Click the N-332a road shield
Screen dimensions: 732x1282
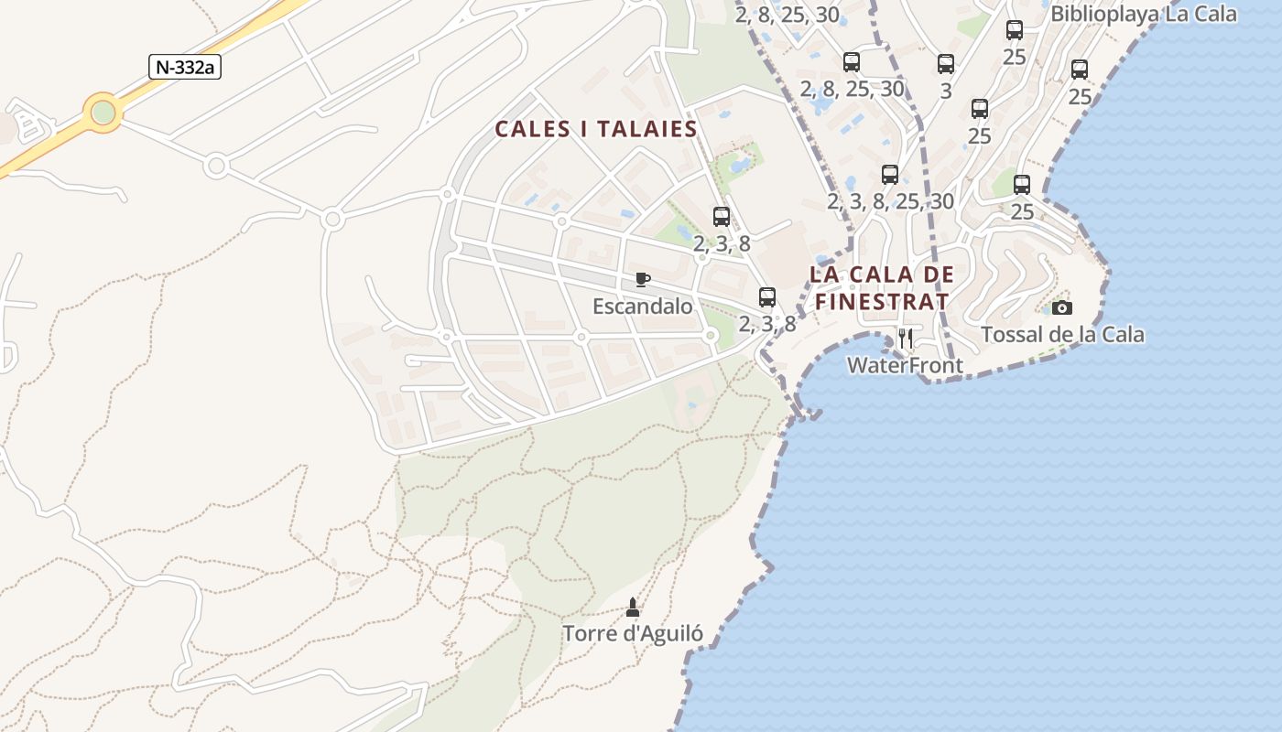186,67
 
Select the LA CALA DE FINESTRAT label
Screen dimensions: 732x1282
882,287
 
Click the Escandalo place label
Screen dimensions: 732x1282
642,306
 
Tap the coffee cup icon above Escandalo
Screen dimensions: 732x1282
643,279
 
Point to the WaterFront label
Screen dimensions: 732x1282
905,366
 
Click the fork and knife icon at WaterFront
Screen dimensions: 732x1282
906,339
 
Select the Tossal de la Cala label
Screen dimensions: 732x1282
1062,335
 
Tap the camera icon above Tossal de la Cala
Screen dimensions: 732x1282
1061,307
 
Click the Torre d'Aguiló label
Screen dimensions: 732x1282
632,633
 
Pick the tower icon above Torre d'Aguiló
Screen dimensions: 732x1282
632,607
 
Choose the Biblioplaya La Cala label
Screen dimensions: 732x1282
1144,14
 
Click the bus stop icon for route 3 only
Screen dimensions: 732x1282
946,64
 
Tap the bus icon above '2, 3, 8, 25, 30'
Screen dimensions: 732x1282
890,174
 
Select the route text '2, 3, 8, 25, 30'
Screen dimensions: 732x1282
890,201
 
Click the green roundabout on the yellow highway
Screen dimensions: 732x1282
103,113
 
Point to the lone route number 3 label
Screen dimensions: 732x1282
946,91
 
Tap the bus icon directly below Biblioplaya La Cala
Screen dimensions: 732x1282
1015,29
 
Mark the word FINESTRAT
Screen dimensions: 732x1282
882,300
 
